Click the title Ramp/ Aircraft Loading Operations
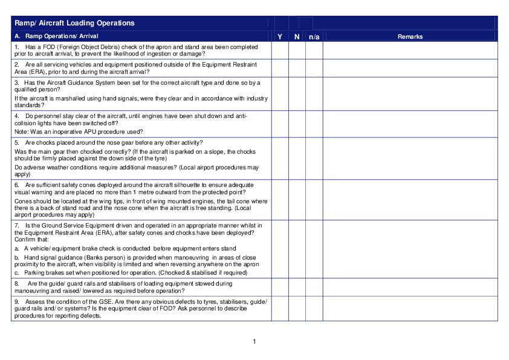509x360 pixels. (x=74, y=23)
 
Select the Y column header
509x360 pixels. (x=280, y=37)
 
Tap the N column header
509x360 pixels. (x=297, y=37)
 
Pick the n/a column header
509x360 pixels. (x=314, y=37)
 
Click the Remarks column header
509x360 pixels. (x=410, y=37)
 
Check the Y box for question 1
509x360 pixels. (x=280, y=50)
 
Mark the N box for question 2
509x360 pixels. (x=297, y=68)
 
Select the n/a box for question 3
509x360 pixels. (x=314, y=93)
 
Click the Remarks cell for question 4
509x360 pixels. (x=410, y=123)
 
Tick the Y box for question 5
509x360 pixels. (x=280, y=158)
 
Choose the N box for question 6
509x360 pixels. (x=297, y=199)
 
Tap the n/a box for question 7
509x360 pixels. (x=314, y=248)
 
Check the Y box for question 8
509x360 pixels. (x=280, y=287)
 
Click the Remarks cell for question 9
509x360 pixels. (x=410, y=308)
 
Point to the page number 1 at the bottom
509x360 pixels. (x=254, y=342)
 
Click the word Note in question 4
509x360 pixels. (x=21, y=131)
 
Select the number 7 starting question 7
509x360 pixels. (x=16, y=225)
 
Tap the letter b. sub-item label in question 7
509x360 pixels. (x=17, y=257)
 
